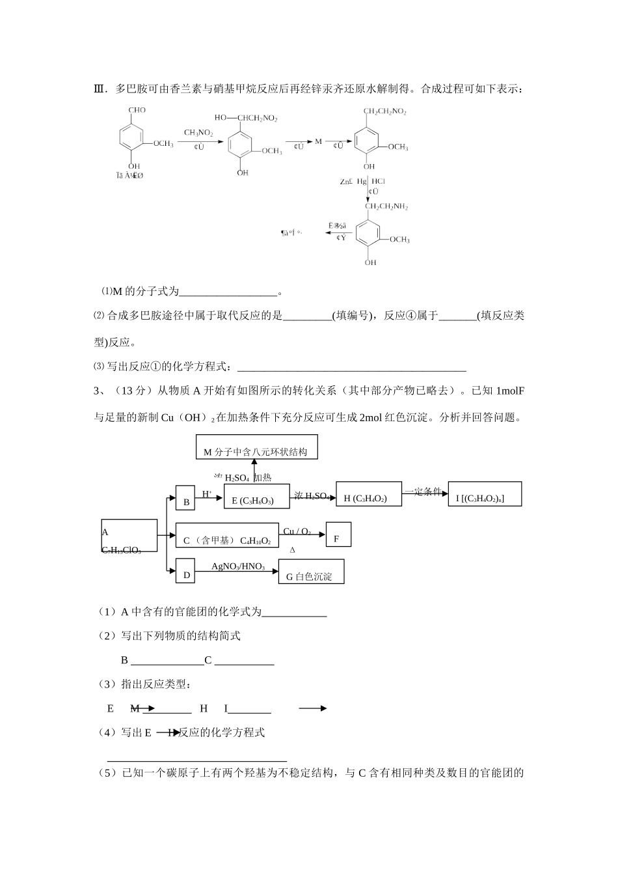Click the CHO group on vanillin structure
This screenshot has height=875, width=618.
point(137,110)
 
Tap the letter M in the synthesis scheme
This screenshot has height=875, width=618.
point(318,141)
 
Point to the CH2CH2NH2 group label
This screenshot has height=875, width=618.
point(386,206)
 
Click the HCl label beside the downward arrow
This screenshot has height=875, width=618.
point(378,181)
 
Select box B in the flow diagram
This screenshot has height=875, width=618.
point(185,499)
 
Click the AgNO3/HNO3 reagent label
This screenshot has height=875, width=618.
point(238,566)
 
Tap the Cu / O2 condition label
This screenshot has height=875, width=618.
point(297,532)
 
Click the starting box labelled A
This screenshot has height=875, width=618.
point(129,536)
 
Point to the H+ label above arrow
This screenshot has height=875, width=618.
point(206,494)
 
